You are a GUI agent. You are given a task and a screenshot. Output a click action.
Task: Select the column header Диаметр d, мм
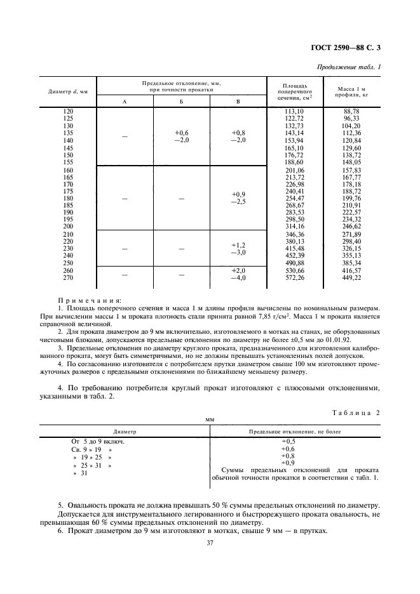[x=67, y=92]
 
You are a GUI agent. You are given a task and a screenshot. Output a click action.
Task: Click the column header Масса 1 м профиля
[x=351, y=92]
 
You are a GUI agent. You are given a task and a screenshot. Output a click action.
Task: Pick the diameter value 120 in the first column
[x=67, y=112]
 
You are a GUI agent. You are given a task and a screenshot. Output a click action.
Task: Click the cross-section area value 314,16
[x=295, y=227]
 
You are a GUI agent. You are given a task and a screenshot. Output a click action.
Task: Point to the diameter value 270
[x=67, y=277]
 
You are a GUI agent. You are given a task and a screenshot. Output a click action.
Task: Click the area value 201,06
[x=295, y=171]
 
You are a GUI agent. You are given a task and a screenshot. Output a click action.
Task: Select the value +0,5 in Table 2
[x=288, y=441]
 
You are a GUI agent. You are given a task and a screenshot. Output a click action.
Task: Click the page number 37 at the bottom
[x=210, y=543]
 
